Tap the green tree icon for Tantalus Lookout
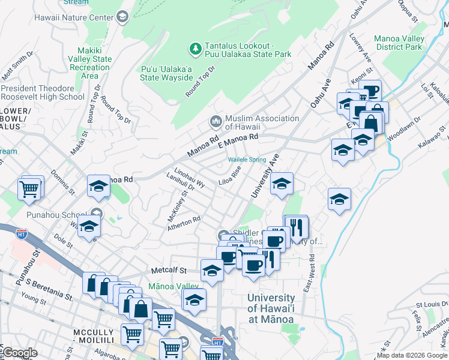point(195,47)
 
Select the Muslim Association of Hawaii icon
point(215,122)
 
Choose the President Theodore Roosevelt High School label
point(43,92)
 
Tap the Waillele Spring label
point(247,160)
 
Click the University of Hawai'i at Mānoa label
point(271,308)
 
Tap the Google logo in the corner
point(19,353)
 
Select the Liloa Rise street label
point(230,175)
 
